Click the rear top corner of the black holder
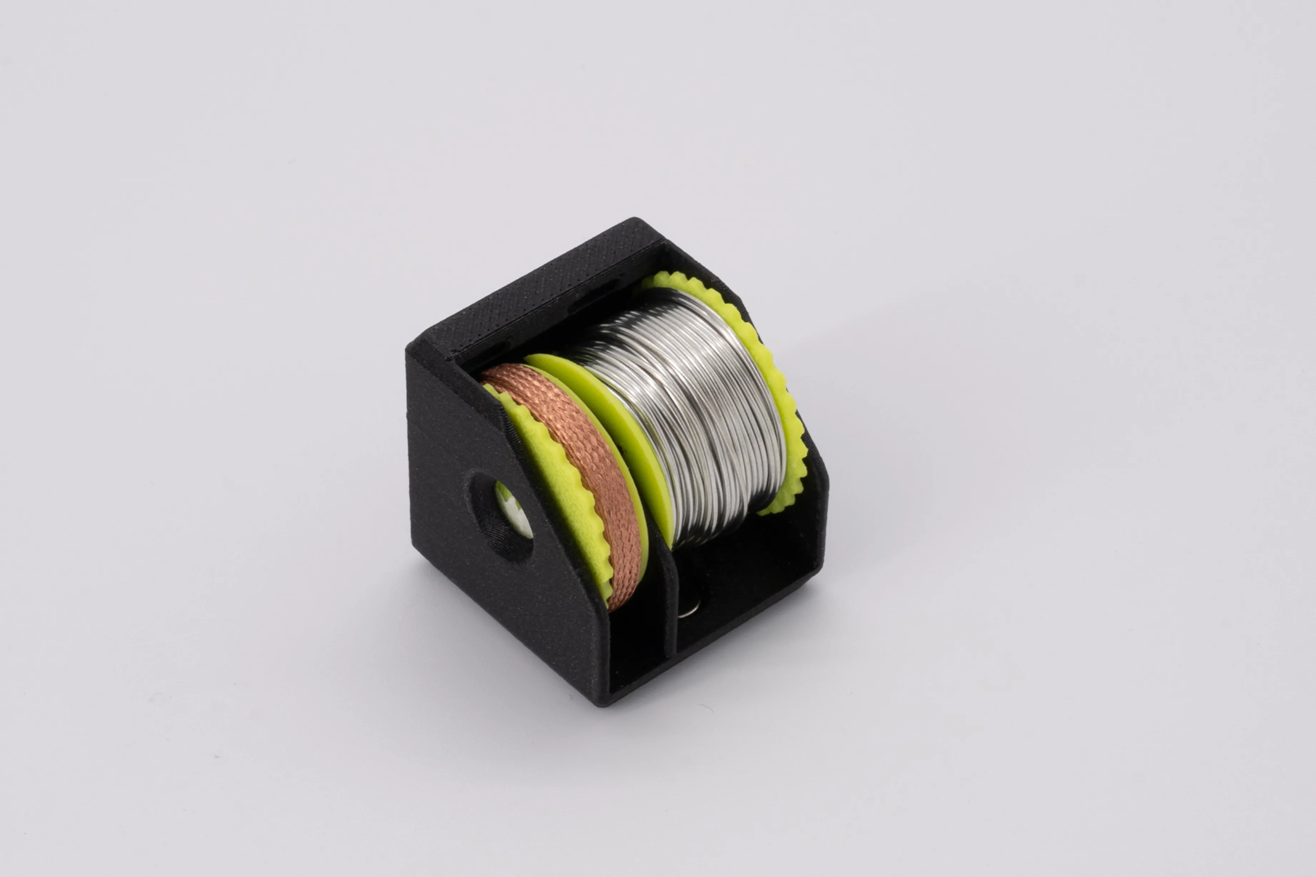click(x=635, y=221)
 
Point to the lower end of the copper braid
click(x=618, y=601)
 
